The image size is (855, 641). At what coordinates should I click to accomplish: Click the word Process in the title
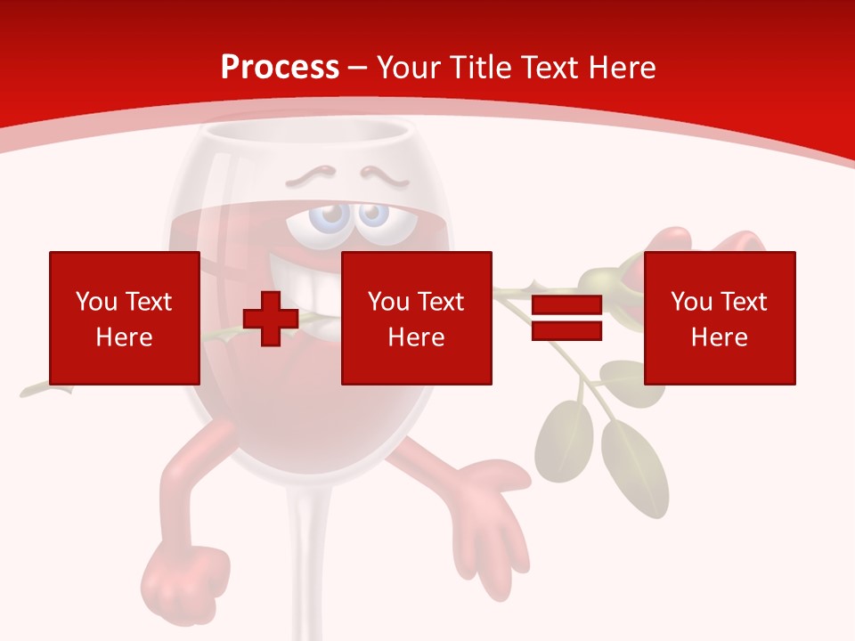tap(280, 68)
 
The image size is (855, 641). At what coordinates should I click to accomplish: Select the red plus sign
tap(271, 318)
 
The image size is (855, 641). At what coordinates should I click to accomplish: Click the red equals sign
tap(566, 318)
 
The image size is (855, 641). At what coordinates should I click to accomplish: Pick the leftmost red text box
tap(124, 318)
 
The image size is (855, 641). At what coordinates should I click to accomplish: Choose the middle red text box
tap(416, 318)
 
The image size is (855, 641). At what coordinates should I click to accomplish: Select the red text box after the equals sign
tap(719, 318)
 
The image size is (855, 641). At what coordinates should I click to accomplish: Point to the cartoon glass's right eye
tap(373, 215)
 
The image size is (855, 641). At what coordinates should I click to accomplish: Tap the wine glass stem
tap(305, 552)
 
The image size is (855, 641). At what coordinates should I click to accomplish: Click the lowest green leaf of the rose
tap(633, 463)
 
